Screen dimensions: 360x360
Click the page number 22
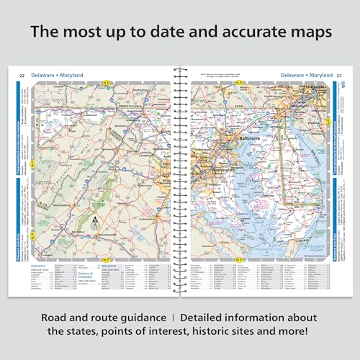(22, 75)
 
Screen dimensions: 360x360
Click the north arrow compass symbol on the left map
(92, 228)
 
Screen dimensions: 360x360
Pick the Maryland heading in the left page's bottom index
(109, 265)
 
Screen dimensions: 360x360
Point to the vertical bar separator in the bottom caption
(170, 316)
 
